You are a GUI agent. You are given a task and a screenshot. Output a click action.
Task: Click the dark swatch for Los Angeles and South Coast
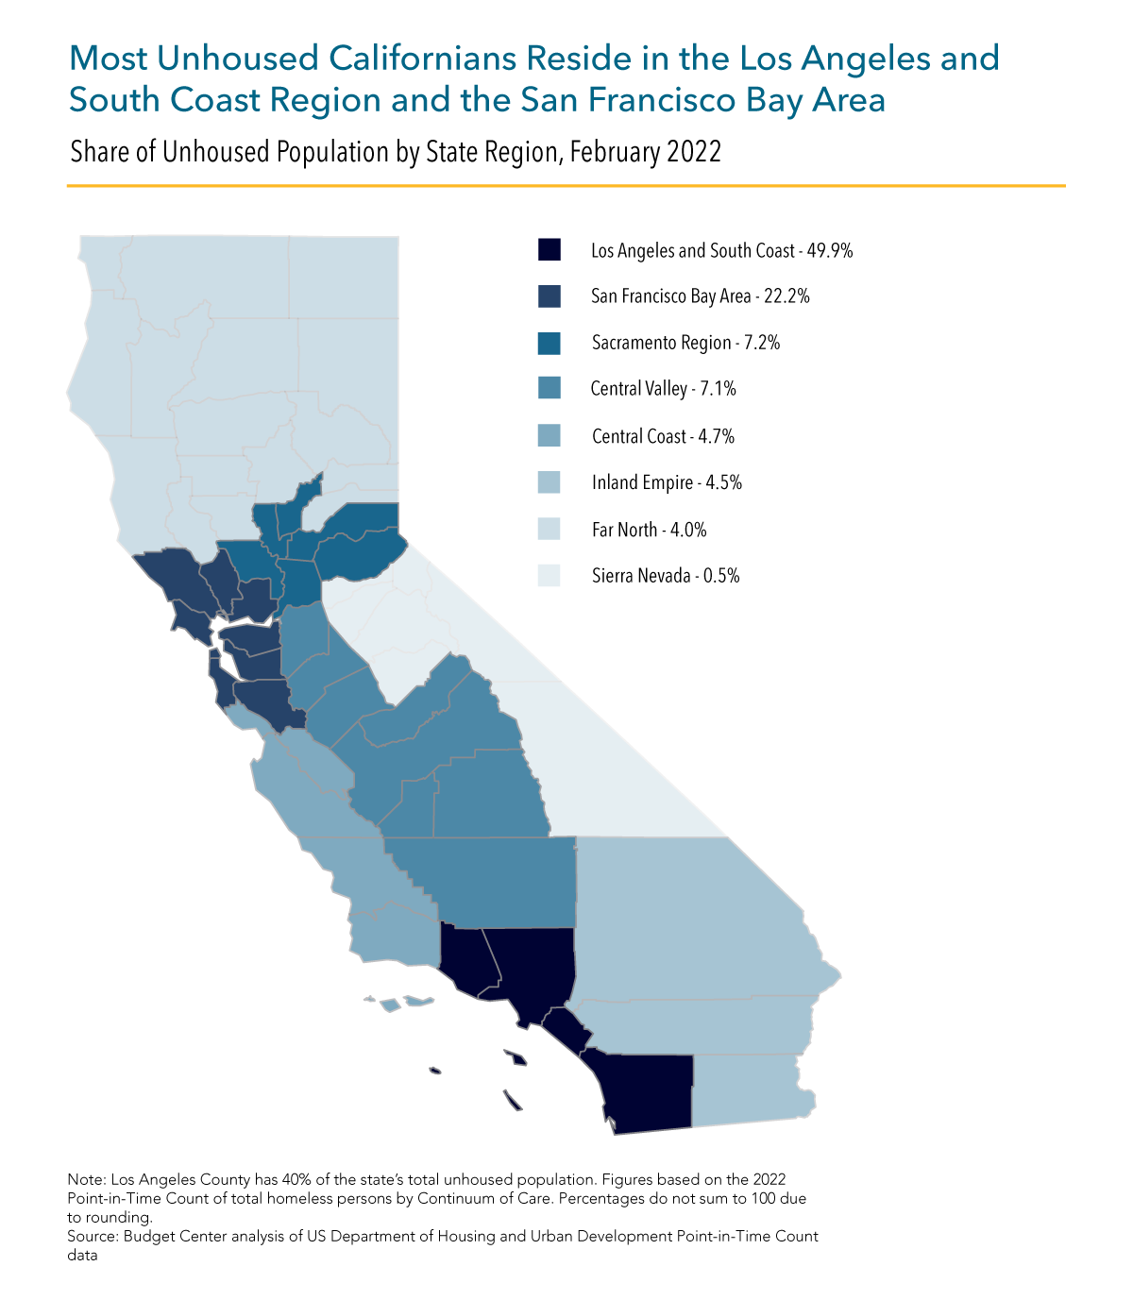(x=549, y=250)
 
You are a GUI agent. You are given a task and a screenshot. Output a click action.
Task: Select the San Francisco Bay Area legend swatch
(x=549, y=296)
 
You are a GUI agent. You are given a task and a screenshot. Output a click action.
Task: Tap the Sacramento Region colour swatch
(x=549, y=343)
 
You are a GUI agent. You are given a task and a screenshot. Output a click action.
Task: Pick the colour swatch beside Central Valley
(x=549, y=388)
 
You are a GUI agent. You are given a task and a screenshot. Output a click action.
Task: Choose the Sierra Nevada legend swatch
(x=549, y=575)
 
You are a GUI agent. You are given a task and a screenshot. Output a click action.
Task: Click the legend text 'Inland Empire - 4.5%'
(x=667, y=482)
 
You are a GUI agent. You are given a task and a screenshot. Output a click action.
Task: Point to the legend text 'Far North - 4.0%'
(x=649, y=530)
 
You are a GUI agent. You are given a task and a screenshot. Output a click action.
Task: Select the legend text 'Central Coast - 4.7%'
(x=663, y=436)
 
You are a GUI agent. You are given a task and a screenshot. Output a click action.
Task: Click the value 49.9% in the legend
(x=830, y=250)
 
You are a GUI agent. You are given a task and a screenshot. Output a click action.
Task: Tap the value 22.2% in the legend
(x=786, y=296)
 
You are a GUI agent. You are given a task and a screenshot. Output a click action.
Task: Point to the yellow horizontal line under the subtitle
(x=566, y=186)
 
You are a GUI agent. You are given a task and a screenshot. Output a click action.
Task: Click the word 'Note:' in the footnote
(x=87, y=1179)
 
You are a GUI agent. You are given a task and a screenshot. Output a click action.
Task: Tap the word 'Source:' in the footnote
(x=93, y=1236)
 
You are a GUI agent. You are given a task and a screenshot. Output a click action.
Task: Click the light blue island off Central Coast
(x=390, y=1005)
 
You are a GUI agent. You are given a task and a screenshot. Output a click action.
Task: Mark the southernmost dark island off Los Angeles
(x=513, y=1101)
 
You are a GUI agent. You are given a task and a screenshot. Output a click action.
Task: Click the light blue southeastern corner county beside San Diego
(x=751, y=1090)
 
